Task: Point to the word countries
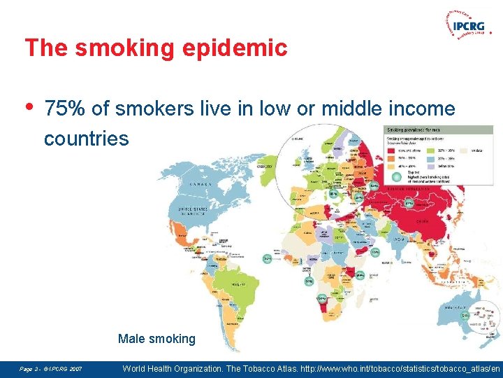[86, 139]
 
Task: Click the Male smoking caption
[156, 339]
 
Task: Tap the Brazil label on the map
[238, 284]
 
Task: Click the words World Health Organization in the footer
[184, 367]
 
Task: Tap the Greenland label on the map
[265, 167]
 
